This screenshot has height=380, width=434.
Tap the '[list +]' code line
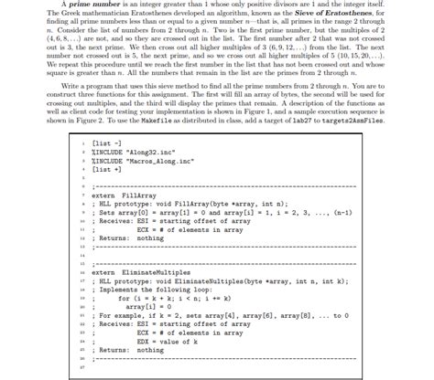pyautogui.click(x=108, y=172)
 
